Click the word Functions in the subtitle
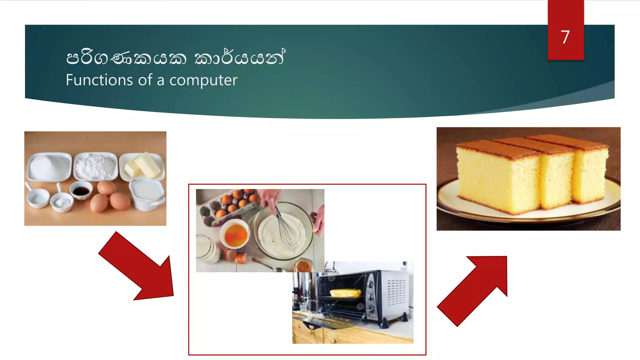point(99,80)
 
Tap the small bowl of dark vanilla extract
point(81,190)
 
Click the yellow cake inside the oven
point(345,293)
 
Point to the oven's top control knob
point(371,284)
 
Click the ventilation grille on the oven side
point(396,292)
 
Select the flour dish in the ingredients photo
point(96,166)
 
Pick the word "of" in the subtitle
point(145,80)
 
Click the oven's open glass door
point(328,322)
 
